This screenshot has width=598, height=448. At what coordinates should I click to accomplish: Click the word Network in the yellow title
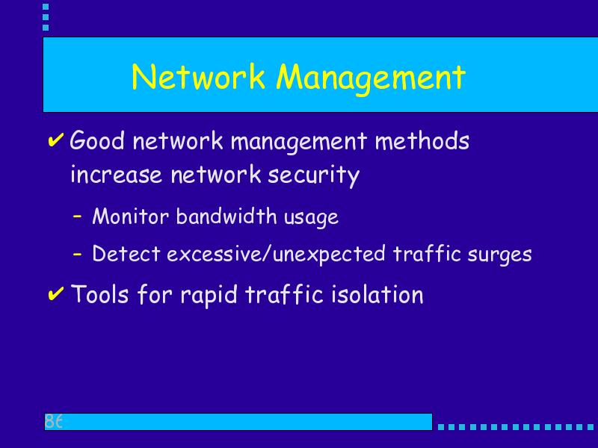coord(198,77)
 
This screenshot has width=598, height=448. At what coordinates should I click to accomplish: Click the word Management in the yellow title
coord(371,78)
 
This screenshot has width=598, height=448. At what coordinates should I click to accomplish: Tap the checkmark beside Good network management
coord(55,140)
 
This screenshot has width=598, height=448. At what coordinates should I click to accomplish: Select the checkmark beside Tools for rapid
coord(55,293)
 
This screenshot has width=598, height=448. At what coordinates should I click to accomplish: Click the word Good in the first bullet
coord(97,140)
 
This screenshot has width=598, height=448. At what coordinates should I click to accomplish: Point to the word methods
coord(422,140)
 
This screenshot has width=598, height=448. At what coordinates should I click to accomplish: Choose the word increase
coord(117,175)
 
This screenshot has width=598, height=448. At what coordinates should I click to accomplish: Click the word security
coord(313,176)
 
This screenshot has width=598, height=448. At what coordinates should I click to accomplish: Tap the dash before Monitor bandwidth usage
coord(78,216)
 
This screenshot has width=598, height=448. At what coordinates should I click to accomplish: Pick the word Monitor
coord(130,217)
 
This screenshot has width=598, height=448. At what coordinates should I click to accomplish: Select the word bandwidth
coord(226,216)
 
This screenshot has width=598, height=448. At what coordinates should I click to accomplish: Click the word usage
coord(311,218)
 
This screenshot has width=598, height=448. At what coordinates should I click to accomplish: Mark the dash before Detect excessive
coord(78,253)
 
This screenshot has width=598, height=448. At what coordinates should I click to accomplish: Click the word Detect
coord(126,254)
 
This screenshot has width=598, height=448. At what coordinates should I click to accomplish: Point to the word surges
coord(499,255)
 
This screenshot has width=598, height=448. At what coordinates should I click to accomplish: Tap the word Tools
coord(100,294)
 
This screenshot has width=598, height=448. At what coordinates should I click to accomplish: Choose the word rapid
coord(209,296)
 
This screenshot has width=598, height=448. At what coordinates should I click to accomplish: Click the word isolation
coord(377,294)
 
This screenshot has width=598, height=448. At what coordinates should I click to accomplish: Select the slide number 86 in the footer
coord(53,421)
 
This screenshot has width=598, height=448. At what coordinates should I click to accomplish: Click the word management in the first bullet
coord(298,142)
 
